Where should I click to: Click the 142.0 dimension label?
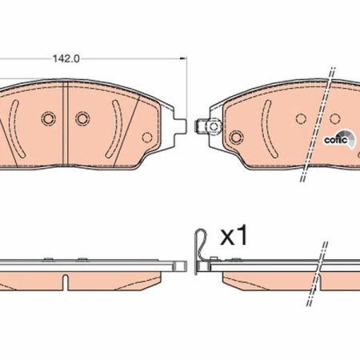pos(66,58)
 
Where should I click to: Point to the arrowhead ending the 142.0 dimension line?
pos(182,58)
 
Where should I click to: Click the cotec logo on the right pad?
pos(339,139)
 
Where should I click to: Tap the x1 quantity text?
pos(234,235)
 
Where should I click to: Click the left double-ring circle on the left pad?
pos(49,118)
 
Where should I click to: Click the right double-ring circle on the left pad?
pos(82,118)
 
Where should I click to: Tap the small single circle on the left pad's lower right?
pos(147,137)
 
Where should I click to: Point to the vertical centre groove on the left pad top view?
pos(66,123)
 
